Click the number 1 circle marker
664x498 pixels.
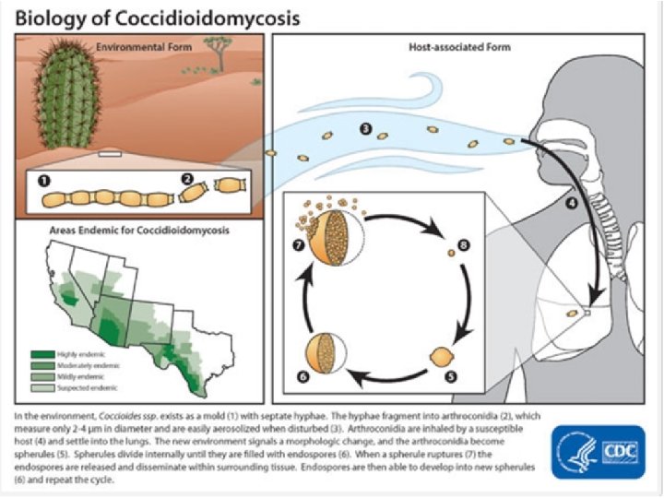[42, 179]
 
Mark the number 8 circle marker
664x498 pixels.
[464, 244]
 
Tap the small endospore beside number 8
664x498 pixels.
[450, 252]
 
